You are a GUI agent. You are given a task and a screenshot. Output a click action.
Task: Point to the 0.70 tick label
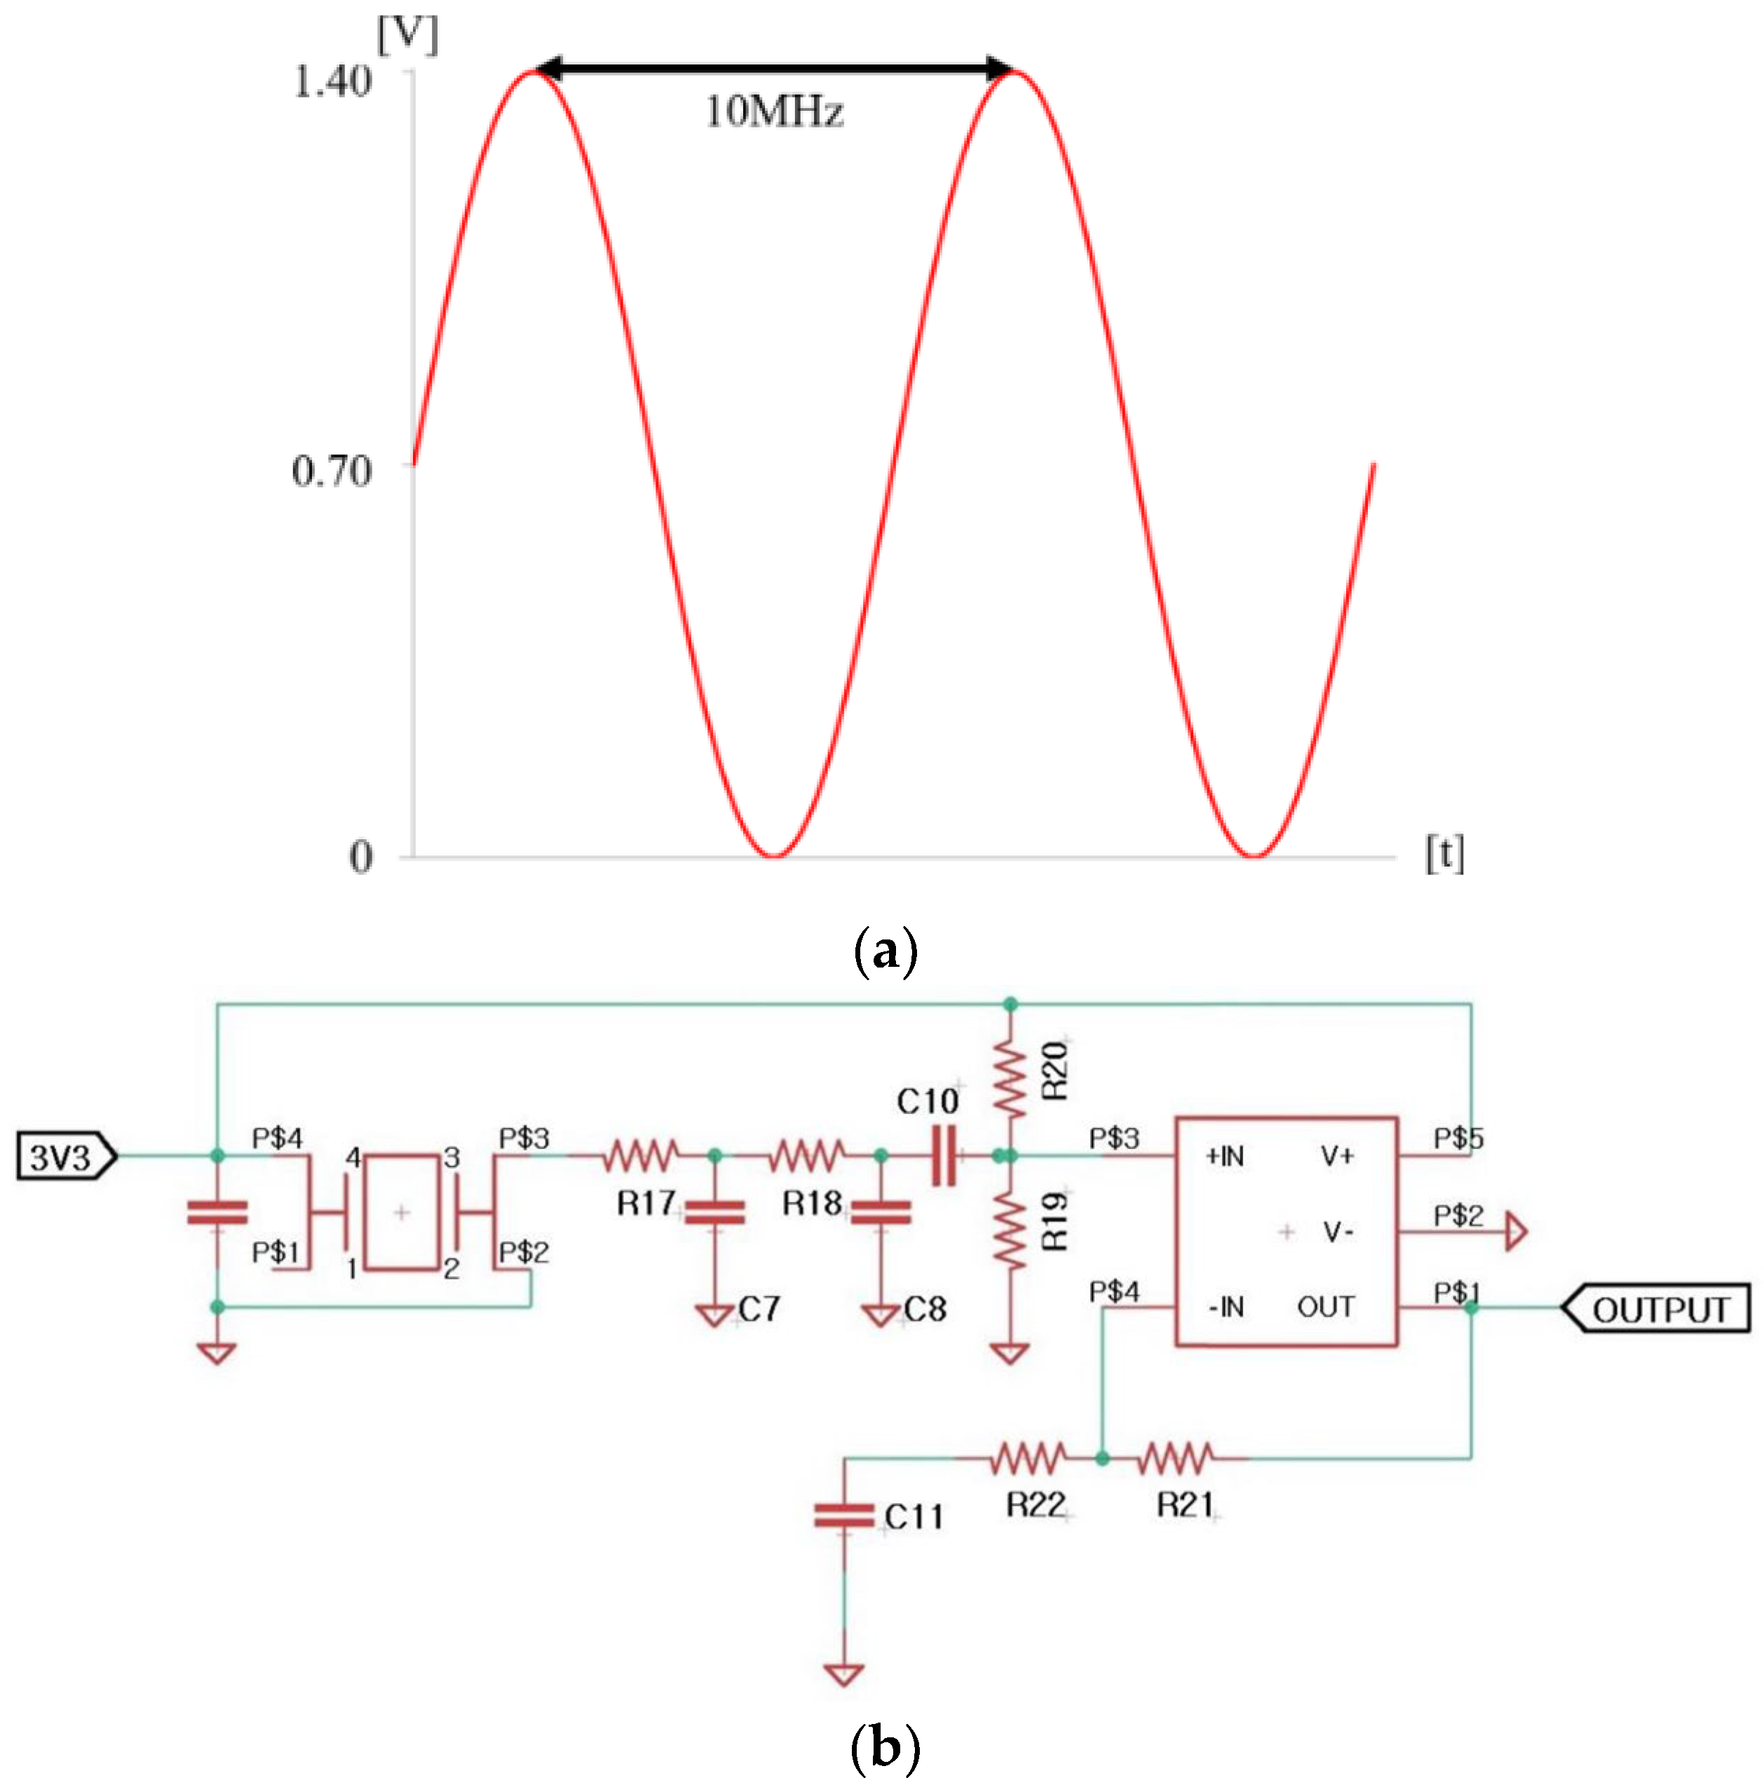[332, 472]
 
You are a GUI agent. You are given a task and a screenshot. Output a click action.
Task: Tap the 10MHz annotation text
[775, 112]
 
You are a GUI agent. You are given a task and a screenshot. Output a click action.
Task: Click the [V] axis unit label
[407, 35]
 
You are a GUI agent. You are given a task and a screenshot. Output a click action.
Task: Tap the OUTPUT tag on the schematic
[1658, 1309]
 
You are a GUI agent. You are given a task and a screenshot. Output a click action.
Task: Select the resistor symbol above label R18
[807, 1155]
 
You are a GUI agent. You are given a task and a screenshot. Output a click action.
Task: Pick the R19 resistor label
[1055, 1221]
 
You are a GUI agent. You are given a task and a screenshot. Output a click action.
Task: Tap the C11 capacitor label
[914, 1516]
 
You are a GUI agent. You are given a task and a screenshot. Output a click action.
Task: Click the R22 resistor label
[1036, 1505]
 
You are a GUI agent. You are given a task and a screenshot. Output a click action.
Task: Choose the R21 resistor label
[1184, 1505]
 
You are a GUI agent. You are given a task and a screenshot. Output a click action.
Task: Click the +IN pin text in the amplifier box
[1225, 1156]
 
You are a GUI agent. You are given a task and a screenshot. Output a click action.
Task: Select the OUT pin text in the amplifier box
[1325, 1308]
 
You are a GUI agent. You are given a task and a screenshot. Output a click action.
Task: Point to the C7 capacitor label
[759, 1309]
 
